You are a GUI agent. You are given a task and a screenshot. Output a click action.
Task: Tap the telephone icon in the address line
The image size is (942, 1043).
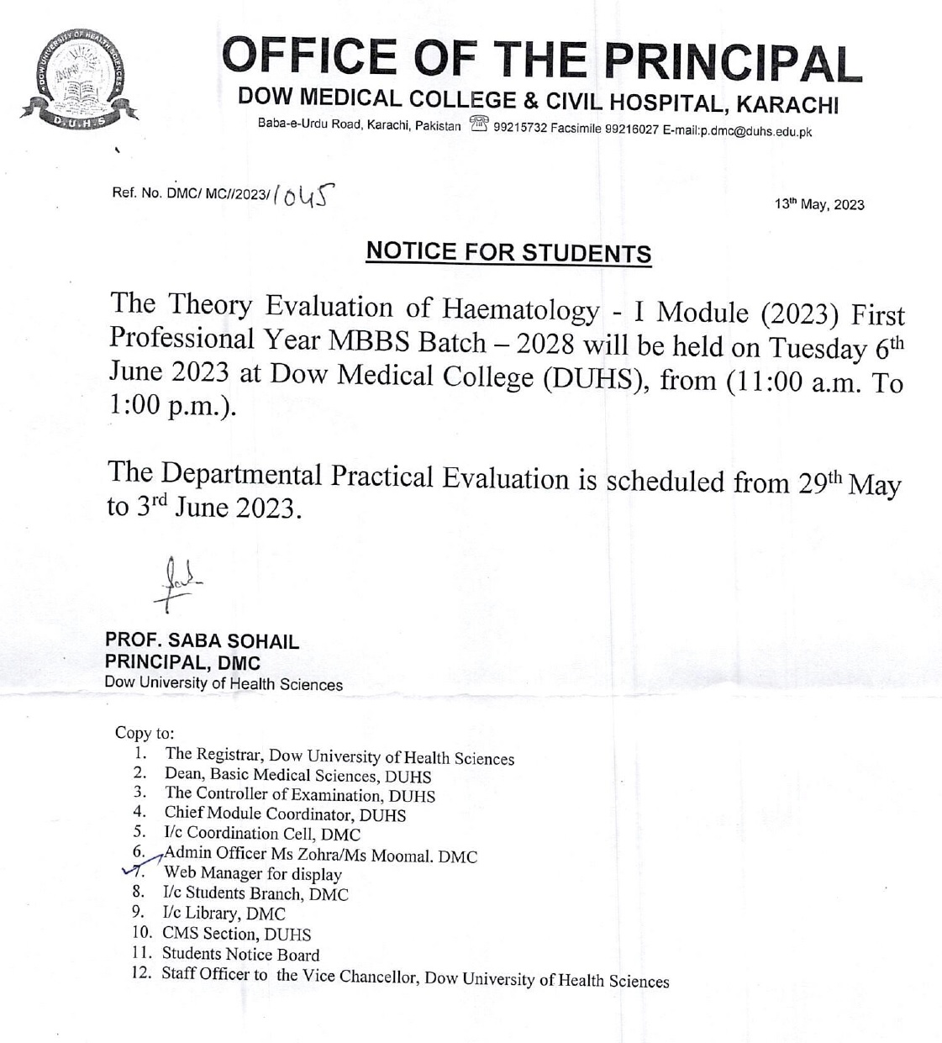click(x=479, y=125)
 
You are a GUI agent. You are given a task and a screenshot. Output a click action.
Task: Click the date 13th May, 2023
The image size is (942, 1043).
click(x=819, y=204)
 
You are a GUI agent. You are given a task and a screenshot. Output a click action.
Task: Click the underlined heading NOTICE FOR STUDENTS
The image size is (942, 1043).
click(x=508, y=252)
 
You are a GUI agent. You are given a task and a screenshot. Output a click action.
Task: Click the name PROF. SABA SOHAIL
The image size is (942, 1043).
click(x=202, y=641)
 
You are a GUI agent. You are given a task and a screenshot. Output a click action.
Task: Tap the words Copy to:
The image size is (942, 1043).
click(x=145, y=732)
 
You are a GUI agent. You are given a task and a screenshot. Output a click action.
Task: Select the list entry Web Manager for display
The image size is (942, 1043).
click(x=253, y=874)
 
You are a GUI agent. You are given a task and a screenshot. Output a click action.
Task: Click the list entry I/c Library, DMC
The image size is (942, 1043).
click(x=224, y=914)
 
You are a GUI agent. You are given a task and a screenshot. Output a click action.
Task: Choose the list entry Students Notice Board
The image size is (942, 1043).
click(x=241, y=954)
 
